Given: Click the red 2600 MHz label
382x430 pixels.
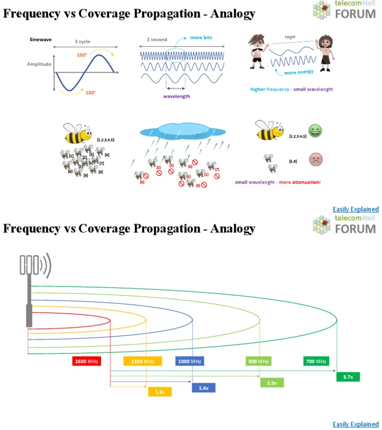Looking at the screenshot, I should [87, 361].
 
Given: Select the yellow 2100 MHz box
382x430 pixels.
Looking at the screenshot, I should [143, 361].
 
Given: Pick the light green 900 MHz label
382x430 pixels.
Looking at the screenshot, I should [258, 361].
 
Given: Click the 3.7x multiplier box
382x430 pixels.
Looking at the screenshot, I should [348, 377].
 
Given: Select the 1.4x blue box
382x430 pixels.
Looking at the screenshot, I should [203, 387].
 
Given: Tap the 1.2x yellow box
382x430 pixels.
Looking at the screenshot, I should [160, 392].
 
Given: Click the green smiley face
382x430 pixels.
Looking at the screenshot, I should [315, 132].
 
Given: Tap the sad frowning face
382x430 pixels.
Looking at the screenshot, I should [315, 159].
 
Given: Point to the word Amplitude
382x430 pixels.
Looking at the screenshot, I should [38, 64].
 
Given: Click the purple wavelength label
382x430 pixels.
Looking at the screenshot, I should [177, 96].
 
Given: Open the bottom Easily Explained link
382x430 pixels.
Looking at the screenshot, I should [356, 424].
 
